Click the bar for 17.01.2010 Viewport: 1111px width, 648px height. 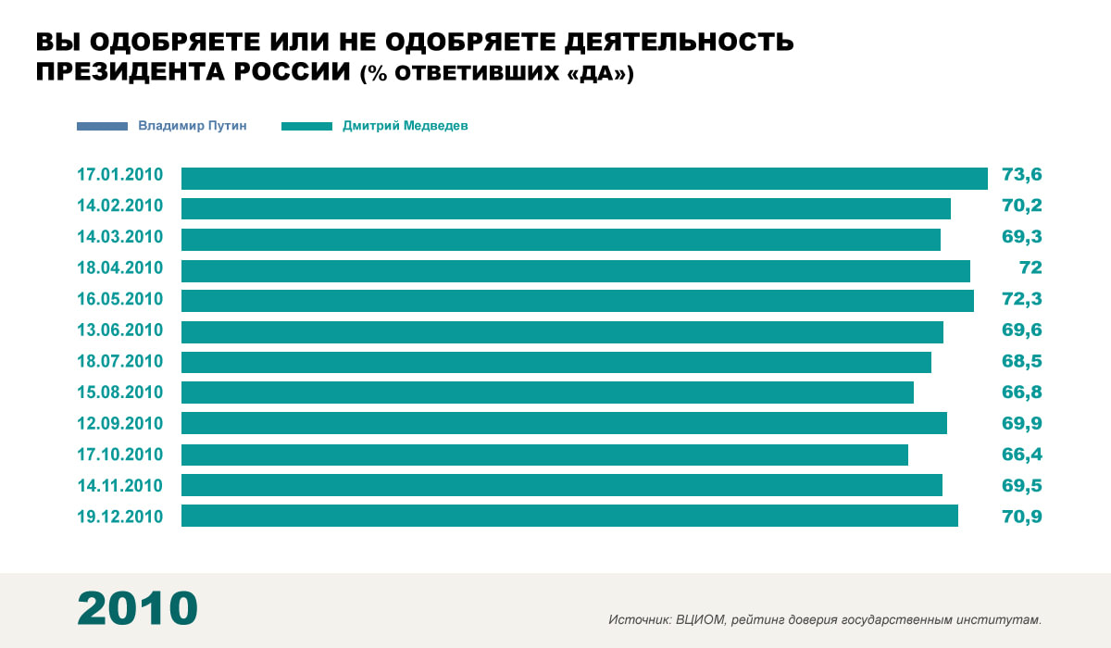coord(584,178)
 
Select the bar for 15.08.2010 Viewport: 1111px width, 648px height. coord(547,393)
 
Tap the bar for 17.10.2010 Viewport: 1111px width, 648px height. coord(544,455)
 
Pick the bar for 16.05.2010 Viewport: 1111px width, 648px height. coord(577,301)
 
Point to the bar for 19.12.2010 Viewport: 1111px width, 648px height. coord(569,516)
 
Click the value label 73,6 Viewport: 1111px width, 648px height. coord(1021,176)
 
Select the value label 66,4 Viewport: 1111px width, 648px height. coord(1021,454)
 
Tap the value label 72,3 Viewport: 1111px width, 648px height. coord(1021,299)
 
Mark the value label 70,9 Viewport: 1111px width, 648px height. coord(1021,516)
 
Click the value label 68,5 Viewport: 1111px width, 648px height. coord(1021,361)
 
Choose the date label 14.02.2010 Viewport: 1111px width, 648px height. coord(119,206)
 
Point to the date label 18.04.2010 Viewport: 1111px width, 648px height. coord(119,268)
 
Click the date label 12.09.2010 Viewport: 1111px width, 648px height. coord(119,423)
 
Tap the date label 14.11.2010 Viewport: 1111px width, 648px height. coord(119,485)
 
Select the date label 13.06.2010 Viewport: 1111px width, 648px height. coord(119,330)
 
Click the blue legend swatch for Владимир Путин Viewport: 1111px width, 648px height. coord(102,126)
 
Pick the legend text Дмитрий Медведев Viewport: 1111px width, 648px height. coord(405,126)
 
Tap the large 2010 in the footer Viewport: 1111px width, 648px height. coord(137,608)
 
